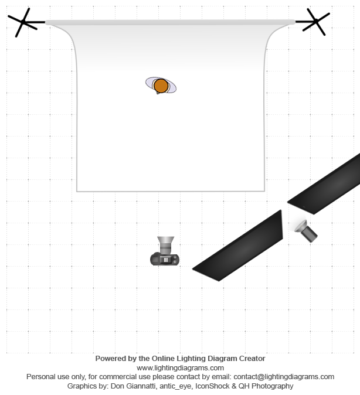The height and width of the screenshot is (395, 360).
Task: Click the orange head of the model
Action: pos(161,86)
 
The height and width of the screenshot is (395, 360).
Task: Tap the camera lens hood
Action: pos(165,240)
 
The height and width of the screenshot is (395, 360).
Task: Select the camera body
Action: pos(165,259)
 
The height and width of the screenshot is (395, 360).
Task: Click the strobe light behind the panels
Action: pos(306,231)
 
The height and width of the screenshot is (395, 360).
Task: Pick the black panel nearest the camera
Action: pos(237,246)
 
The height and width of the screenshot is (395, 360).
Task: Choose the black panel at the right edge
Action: pos(324,183)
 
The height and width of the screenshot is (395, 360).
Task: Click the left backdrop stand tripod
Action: pos(23,22)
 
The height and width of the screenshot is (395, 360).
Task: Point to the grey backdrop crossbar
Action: pos(170,22)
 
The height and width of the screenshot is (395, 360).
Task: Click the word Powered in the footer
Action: pos(107,359)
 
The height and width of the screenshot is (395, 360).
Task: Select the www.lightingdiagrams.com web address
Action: pos(180,368)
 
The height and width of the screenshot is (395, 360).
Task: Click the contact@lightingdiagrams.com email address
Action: pos(284,377)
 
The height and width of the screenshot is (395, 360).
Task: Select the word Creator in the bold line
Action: pos(252,359)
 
